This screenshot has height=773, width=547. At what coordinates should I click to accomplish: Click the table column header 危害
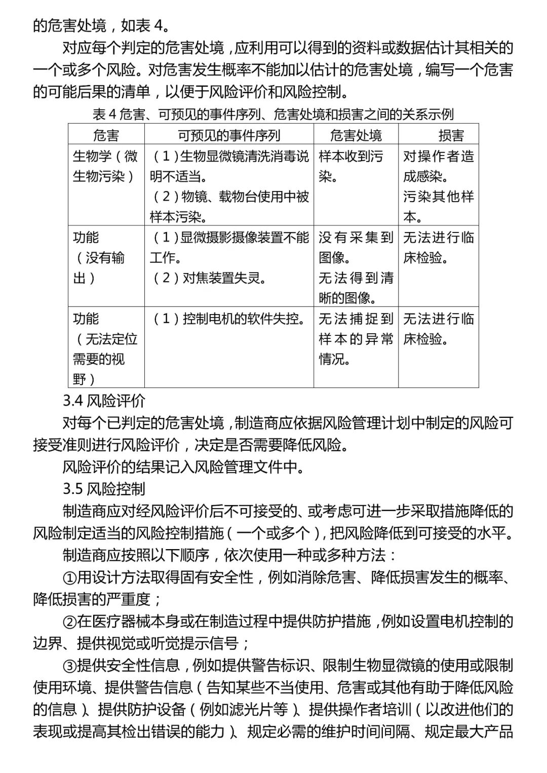pos(106,135)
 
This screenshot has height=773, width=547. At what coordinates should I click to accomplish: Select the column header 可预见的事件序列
pos(229,135)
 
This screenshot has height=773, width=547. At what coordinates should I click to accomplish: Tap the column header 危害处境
pos(356,135)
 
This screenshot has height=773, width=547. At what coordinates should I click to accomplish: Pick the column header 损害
pos(451,135)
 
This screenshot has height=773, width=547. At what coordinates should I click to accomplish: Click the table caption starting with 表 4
pos(273,114)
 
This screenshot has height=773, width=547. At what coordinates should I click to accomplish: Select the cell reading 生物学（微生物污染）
pos(105,166)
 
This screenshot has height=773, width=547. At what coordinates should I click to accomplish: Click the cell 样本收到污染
pos(350,166)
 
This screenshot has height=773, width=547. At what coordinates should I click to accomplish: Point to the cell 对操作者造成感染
pos(438,166)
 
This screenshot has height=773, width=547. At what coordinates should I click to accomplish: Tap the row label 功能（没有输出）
pos(99,257)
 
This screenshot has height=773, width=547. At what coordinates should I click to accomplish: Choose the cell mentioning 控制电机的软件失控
pos(229,319)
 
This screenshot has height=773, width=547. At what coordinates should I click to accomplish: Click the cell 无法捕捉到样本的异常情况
pos(356,338)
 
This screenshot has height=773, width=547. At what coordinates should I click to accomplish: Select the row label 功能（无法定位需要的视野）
pos(105,349)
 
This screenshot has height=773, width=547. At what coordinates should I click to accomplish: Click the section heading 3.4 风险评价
pos(104,401)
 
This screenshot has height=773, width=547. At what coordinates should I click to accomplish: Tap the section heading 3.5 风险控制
pos(104,489)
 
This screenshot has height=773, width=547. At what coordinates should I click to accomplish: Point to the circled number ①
pos(69,577)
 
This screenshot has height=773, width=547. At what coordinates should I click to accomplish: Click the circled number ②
pos(69,622)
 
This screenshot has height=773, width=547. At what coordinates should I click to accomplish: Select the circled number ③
pos(69,666)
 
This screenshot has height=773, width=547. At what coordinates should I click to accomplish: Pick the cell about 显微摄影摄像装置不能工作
pos(229,247)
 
